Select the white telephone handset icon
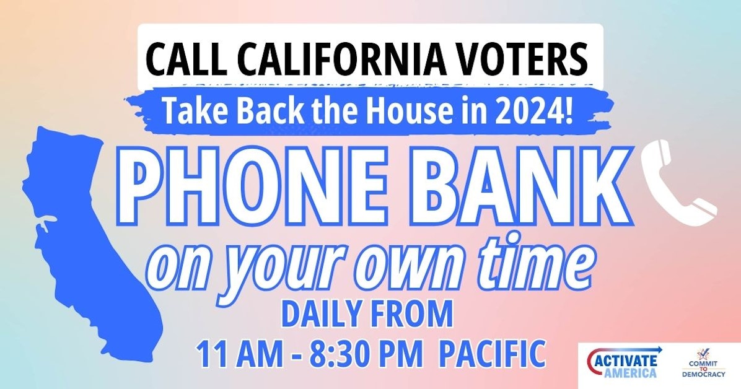tap(679, 180)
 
